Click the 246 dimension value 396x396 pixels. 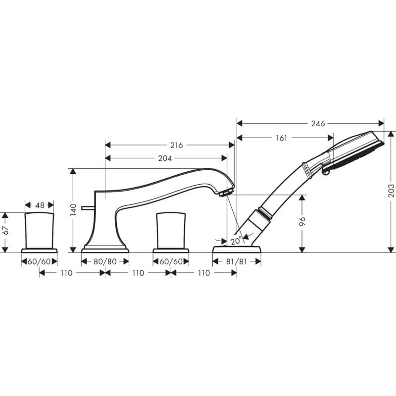point(318,123)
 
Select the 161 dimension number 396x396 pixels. point(281,138)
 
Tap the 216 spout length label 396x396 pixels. point(176,145)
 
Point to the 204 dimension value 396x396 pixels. point(165,158)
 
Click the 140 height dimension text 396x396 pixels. point(73,210)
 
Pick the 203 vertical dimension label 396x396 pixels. point(391,191)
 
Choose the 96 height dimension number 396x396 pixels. point(302,221)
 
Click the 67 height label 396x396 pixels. point(5,230)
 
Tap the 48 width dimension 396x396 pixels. point(40,205)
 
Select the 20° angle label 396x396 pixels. point(236,241)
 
